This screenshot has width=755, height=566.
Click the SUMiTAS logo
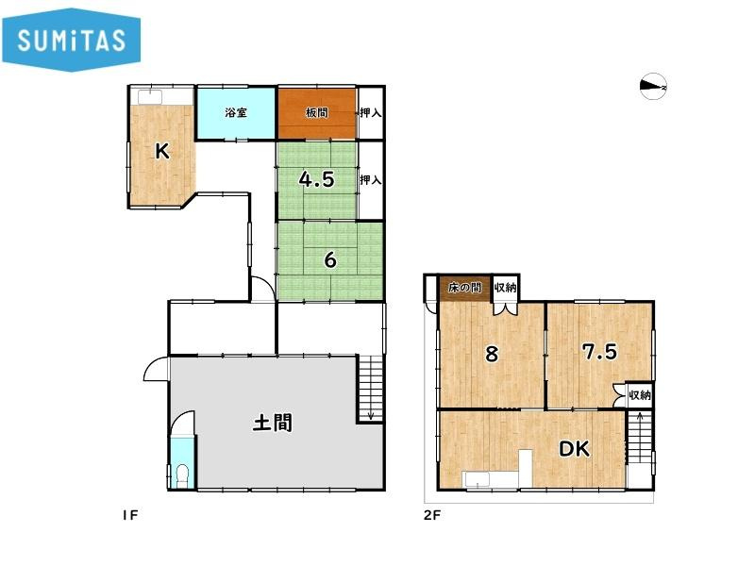coord(72,40)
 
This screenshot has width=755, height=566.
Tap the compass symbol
coord(653,86)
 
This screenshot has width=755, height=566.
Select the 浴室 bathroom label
coord(236,113)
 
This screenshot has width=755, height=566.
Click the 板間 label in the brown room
coord(316,112)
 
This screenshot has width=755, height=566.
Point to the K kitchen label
coord(162,152)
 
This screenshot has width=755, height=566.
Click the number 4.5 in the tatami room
coord(316,179)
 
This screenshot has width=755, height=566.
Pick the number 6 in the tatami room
coord(330,260)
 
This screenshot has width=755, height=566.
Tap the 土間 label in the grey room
coord(273,423)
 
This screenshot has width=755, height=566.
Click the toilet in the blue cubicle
coord(182,475)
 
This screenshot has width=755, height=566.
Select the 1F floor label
coord(130,515)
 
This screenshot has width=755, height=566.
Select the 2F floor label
coord(432,515)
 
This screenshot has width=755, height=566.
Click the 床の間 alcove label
coord(464,288)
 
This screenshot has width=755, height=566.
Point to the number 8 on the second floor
coord(492,354)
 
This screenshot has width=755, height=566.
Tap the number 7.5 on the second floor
coord(599,352)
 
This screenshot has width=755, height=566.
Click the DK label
coord(574,449)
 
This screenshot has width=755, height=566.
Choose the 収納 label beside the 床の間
coord(505,288)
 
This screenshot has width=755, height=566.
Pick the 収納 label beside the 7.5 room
coord(640,395)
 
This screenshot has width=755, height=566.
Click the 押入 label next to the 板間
coord(371,112)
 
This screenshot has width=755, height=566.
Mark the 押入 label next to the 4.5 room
coord(371,180)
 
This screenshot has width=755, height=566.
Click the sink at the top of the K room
coord(152,97)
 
